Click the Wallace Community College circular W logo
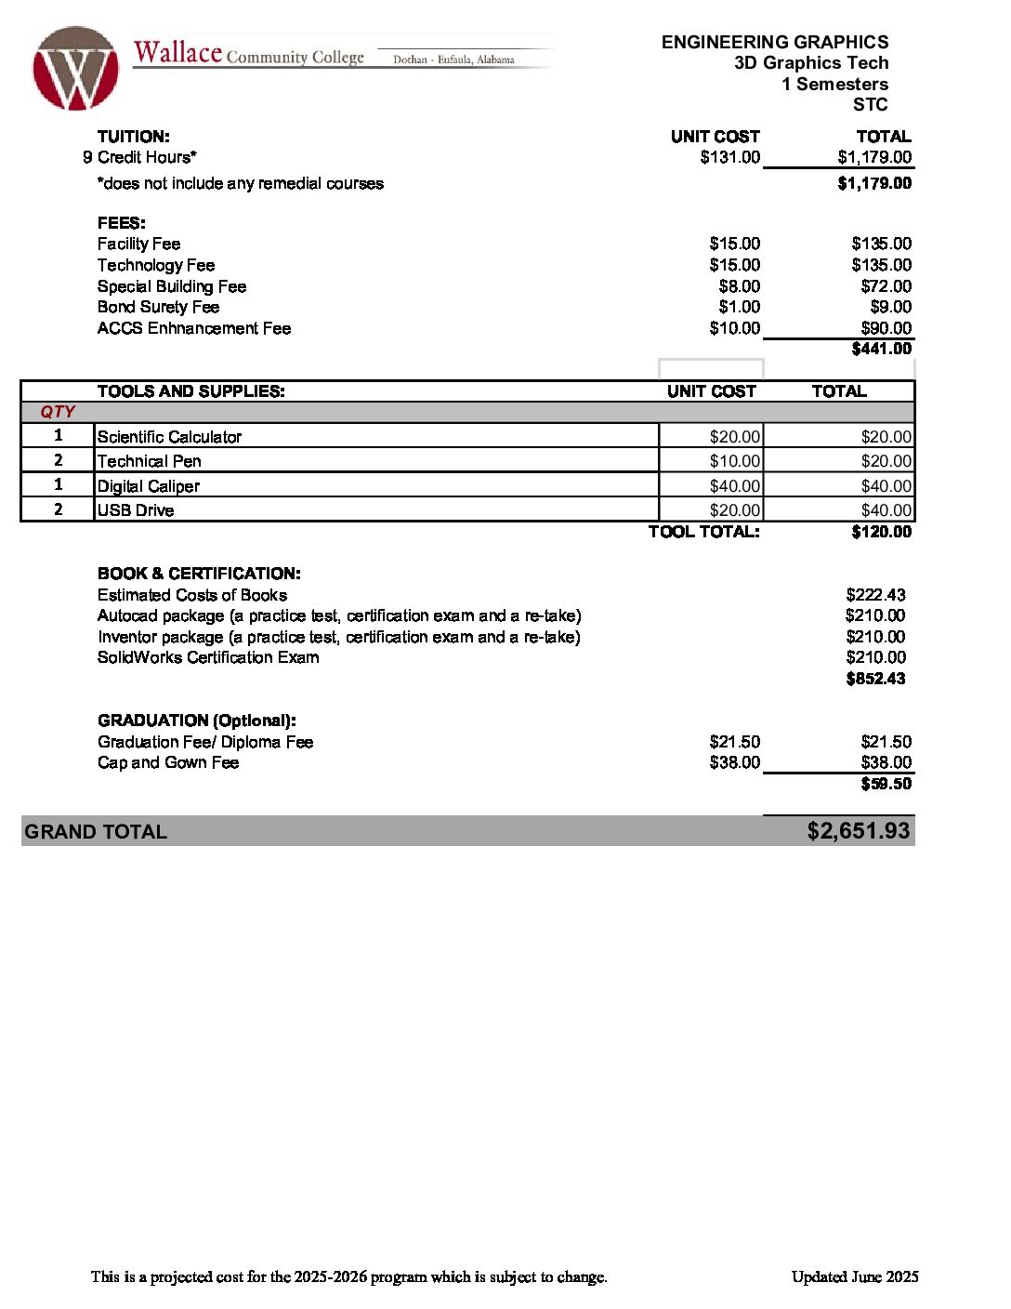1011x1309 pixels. coord(75,69)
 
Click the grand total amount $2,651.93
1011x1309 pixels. coord(858,831)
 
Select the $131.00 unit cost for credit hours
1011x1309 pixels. coord(729,157)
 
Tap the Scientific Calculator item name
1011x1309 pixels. coord(169,437)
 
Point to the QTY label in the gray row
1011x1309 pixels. coord(58,412)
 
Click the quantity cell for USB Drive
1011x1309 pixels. coord(59,509)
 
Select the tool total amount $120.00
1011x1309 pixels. coord(881,532)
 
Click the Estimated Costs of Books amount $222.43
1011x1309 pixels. coord(875,595)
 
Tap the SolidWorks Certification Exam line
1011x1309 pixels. coord(208,657)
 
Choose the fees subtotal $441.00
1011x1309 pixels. coord(881,349)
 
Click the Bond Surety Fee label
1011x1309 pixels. coord(158,307)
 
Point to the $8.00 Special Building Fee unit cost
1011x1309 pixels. coord(739,286)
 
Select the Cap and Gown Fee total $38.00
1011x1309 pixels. coord(886,762)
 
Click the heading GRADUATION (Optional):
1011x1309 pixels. coord(197,721)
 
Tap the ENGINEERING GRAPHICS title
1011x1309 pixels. coord(775,42)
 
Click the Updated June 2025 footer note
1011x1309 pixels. coord(855,1276)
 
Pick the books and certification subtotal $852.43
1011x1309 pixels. coord(875,679)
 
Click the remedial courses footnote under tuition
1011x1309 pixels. coord(241,183)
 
